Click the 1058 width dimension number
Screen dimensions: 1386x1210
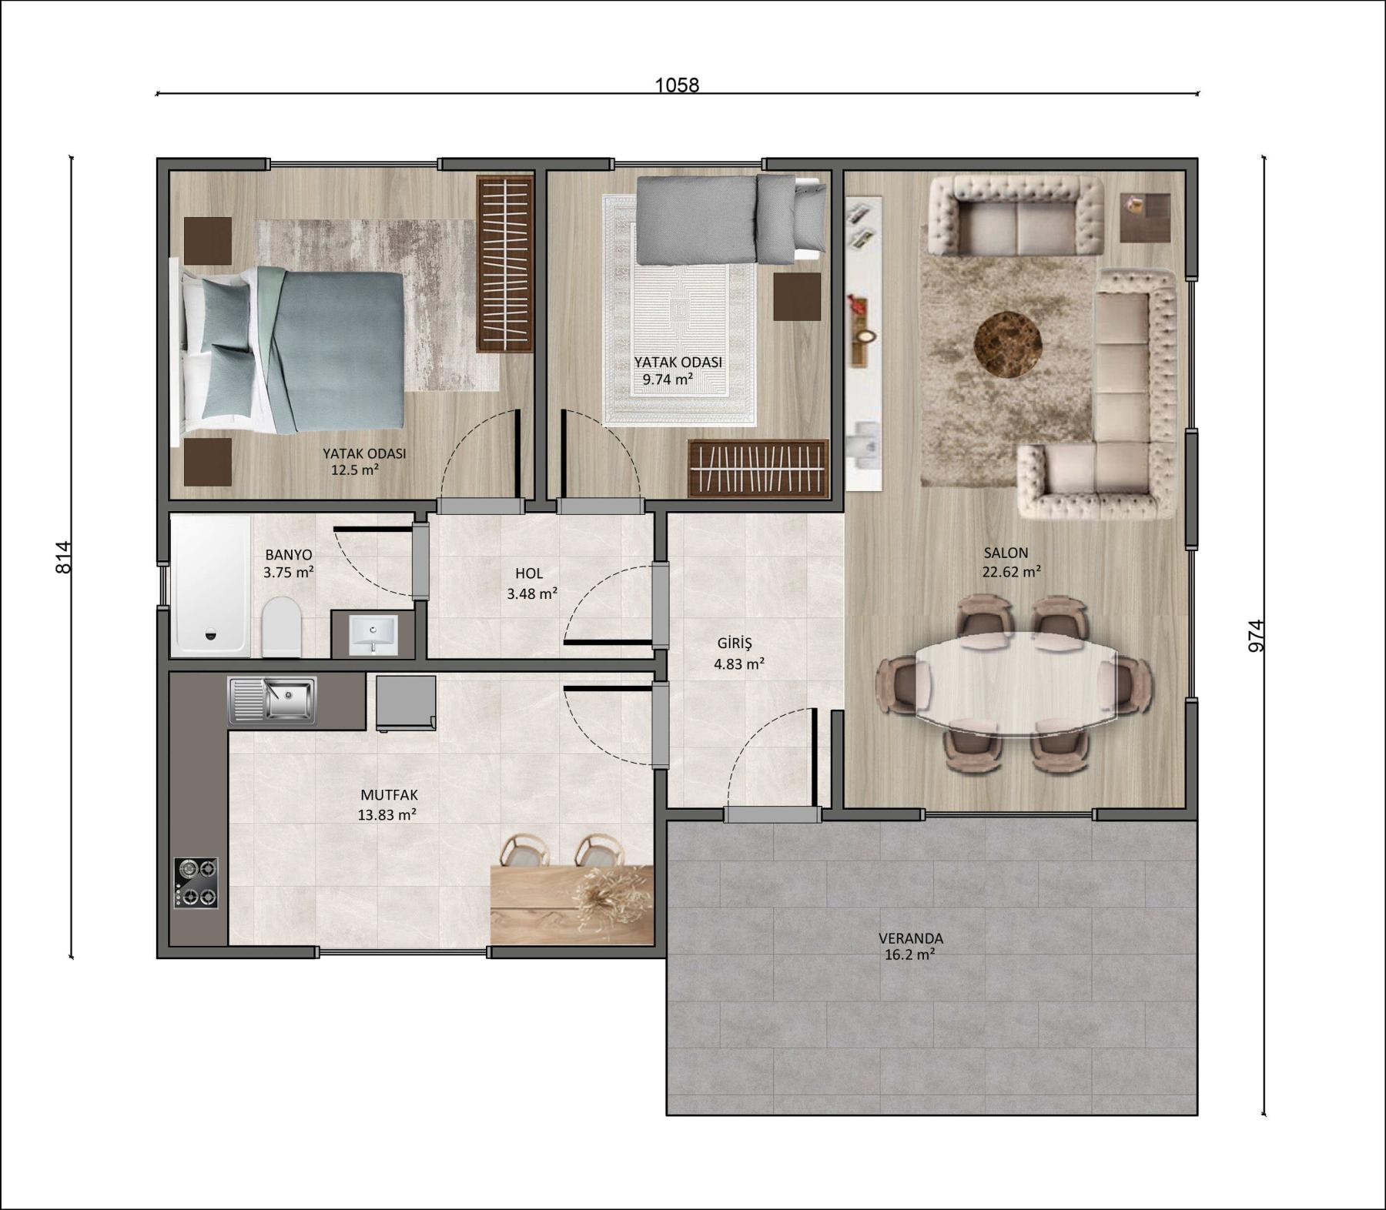677,85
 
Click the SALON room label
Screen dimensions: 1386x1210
1006,553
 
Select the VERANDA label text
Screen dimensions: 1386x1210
910,938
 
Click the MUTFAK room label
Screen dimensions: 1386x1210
389,795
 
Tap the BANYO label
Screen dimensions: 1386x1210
288,554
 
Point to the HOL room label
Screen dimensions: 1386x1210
529,573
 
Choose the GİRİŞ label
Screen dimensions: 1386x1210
734,643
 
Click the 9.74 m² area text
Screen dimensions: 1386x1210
668,379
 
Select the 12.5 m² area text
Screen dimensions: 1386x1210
354,470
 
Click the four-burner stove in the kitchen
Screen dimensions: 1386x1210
196,883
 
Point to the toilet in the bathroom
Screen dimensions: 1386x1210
281,627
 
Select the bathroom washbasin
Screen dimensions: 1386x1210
373,634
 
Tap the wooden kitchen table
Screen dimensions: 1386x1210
571,904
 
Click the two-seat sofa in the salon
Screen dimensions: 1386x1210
1015,216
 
